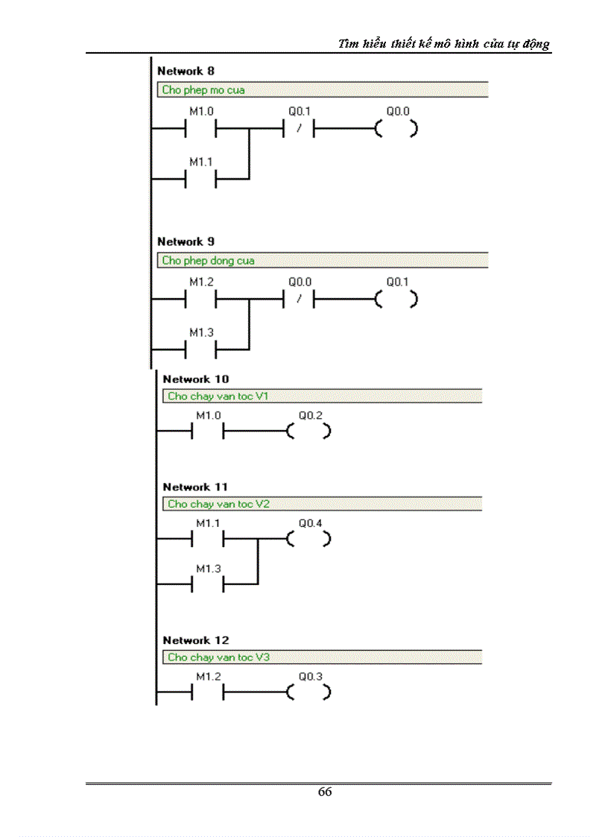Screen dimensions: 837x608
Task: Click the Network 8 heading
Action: [186, 72]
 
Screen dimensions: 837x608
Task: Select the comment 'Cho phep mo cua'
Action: [203, 90]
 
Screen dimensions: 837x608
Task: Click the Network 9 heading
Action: [186, 241]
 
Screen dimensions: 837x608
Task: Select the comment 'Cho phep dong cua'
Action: [208, 261]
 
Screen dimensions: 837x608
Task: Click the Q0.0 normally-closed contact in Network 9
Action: [298, 300]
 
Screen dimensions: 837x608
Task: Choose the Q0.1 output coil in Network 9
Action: [396, 300]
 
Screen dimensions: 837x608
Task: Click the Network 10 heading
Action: [195, 379]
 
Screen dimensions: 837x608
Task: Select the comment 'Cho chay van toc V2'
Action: [218, 504]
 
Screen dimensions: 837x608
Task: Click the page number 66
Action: [325, 792]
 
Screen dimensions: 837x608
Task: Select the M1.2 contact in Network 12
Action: [209, 692]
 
